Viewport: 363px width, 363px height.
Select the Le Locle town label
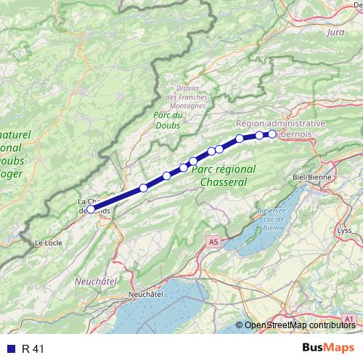point(48,242)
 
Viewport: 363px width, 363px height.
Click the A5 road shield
point(211,240)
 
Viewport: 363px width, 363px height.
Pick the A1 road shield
point(349,319)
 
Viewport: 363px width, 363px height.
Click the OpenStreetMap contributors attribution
point(299,325)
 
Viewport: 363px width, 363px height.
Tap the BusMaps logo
point(329,348)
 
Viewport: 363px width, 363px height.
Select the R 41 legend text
point(33,348)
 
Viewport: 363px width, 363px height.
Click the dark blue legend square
point(9,348)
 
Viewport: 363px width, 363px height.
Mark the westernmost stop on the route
point(91,209)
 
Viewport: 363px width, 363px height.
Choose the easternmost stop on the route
point(272,134)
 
